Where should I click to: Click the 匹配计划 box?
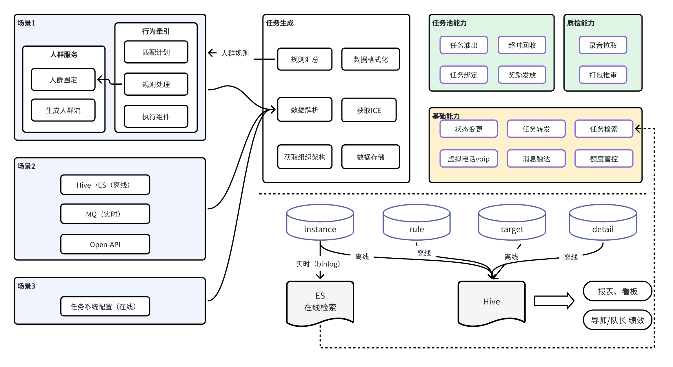(156, 52)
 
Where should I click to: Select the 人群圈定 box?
(63, 80)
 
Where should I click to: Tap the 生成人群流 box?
(63, 110)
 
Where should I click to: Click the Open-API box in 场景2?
(105, 244)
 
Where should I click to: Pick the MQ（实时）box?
(105, 214)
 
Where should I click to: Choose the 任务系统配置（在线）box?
(105, 306)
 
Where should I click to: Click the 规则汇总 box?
(305, 59)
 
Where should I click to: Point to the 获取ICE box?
(369, 110)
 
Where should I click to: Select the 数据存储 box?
(370, 157)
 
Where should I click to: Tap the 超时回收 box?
(522, 45)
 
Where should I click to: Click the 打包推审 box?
(603, 75)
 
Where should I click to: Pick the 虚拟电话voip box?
(468, 159)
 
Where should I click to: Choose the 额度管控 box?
(604, 159)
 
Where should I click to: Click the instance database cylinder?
(320, 223)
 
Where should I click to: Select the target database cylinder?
(512, 223)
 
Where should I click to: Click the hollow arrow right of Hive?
(554, 301)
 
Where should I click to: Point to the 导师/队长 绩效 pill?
(617, 320)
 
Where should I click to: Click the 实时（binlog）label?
(318, 264)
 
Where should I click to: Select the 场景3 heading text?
(26, 286)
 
